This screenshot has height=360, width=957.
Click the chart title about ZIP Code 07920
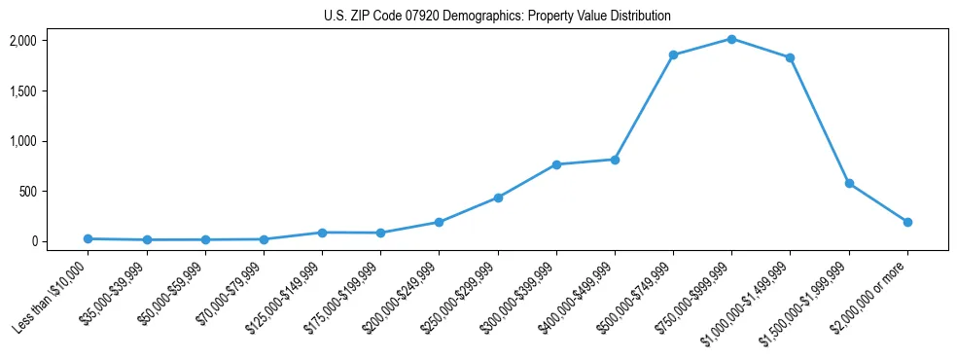point(497,17)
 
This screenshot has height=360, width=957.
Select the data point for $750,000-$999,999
point(731,39)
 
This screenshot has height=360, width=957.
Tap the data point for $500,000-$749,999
point(673,55)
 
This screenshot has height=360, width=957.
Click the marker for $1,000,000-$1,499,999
point(790,57)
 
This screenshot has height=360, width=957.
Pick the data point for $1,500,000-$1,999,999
point(849,183)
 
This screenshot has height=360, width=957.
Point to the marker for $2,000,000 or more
point(907,222)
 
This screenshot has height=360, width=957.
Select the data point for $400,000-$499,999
point(615,160)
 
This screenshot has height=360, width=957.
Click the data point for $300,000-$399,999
point(556,164)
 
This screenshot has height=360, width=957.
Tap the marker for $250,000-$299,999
point(498,198)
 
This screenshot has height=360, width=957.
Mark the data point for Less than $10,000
point(88,238)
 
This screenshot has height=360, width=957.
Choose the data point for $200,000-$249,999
point(439,222)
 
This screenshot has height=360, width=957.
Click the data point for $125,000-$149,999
point(322,233)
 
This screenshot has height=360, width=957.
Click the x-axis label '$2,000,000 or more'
point(872,294)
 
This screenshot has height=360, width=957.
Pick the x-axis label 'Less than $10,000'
point(53,295)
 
